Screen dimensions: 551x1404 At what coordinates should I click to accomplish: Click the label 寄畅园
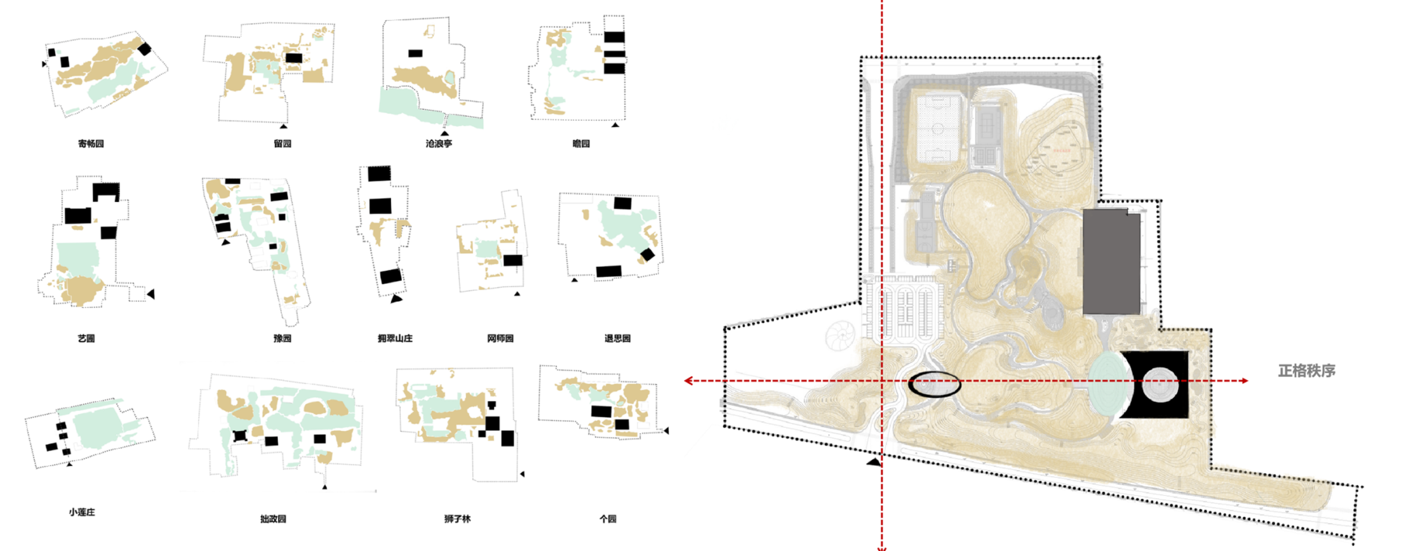point(91,144)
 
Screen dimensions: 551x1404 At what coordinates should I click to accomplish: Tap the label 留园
point(283,144)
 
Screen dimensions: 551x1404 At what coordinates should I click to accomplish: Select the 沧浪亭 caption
point(439,144)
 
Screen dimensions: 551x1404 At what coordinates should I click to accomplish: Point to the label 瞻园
point(581,144)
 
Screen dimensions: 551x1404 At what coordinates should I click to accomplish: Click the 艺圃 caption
point(86,339)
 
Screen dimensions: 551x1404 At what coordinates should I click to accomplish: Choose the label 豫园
point(283,339)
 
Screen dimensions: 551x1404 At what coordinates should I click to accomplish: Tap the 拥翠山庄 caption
point(395,339)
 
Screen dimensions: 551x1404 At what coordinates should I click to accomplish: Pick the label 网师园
point(500,339)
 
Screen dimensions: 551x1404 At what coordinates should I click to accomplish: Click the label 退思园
point(617,339)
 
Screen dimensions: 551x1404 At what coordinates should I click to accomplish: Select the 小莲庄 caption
point(82,512)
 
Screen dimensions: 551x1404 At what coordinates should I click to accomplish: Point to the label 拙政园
point(273,519)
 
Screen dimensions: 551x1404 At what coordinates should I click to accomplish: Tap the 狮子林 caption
point(457,519)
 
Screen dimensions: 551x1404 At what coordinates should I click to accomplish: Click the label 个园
point(608,519)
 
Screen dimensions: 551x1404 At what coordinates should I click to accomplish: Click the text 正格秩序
point(1306,371)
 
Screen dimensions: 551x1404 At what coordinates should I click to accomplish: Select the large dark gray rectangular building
point(1111,263)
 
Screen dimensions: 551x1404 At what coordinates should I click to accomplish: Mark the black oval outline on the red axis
point(934,385)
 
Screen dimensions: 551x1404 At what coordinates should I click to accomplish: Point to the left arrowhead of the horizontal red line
point(688,381)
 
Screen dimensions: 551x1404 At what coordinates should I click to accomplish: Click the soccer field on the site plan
point(937,127)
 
